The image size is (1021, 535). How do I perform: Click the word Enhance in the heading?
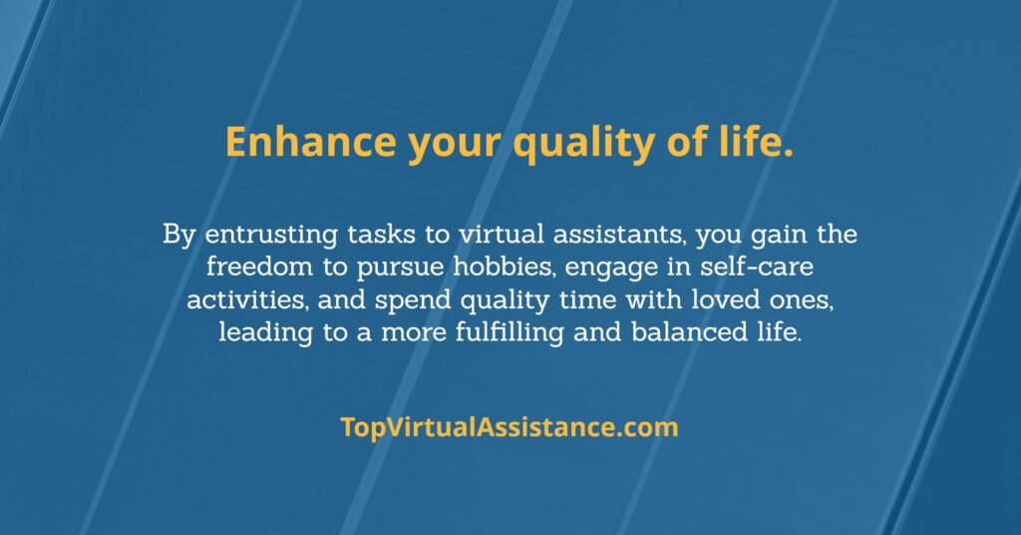tap(311, 142)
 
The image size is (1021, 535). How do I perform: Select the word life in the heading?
tap(756, 141)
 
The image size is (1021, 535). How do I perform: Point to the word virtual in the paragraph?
tap(502, 234)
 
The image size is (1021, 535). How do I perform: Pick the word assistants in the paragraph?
tap(619, 234)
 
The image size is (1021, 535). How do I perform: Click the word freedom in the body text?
tap(259, 267)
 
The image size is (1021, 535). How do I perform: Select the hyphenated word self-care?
tap(757, 267)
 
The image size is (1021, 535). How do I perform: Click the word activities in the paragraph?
tap(247, 299)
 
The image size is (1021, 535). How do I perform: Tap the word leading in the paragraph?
tap(265, 333)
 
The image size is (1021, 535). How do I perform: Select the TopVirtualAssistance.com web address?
tap(510, 427)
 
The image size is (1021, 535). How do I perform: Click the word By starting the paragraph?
tap(178, 235)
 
